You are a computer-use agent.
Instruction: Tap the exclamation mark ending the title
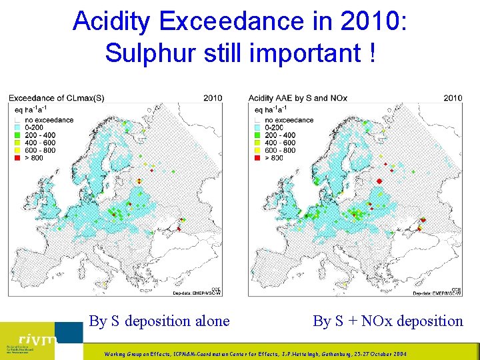(x=370, y=53)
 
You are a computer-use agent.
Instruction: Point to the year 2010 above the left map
(x=212, y=98)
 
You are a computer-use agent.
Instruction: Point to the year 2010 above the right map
(x=452, y=98)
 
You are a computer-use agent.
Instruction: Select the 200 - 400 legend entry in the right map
(x=280, y=135)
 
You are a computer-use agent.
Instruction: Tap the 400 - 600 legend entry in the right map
(x=280, y=143)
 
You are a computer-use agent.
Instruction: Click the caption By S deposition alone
(x=159, y=321)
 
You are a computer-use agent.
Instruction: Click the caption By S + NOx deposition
(x=388, y=321)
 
